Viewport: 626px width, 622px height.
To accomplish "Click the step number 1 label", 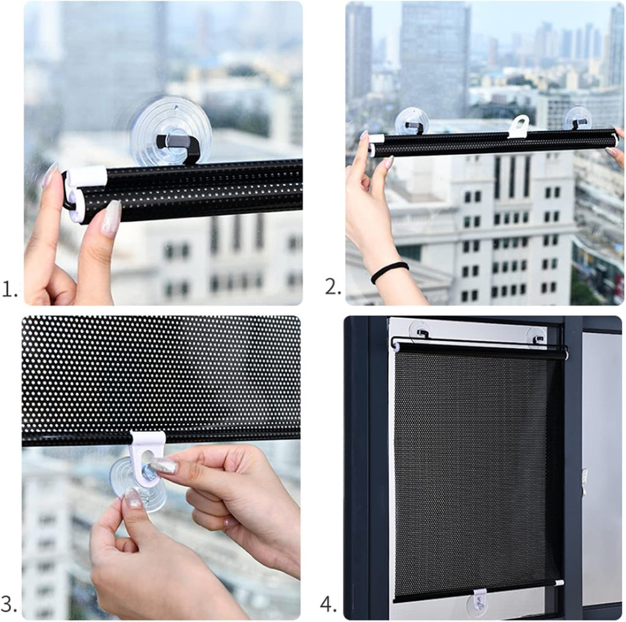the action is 10,289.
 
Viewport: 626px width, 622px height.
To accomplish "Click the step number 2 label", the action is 333,287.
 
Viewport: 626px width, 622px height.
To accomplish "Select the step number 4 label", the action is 329,605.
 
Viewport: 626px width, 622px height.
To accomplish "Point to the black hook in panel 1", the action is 180,146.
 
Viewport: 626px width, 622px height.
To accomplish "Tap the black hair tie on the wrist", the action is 389,272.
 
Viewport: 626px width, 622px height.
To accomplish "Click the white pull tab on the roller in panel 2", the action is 518,127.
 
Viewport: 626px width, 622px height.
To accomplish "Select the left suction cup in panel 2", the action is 411,122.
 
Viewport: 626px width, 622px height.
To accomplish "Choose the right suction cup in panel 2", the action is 578,118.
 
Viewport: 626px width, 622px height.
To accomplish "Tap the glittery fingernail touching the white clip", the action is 164,465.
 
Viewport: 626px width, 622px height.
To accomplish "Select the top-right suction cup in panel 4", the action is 536,335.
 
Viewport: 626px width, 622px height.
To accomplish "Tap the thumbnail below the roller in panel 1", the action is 111,218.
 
